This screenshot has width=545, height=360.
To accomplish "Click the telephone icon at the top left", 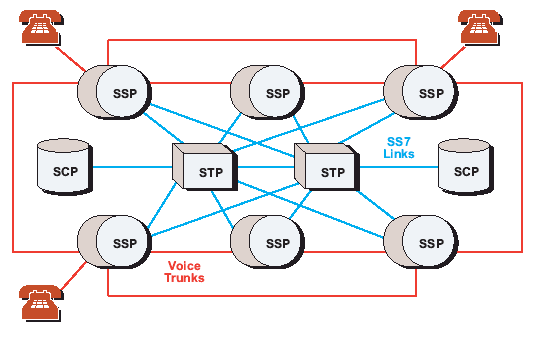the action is pyautogui.click(x=41, y=27).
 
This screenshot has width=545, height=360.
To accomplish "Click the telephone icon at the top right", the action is pyautogui.click(x=480, y=27).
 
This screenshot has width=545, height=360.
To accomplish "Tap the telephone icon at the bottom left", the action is pyautogui.click(x=41, y=303).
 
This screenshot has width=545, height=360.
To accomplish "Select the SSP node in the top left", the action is pyautogui.click(x=114, y=92).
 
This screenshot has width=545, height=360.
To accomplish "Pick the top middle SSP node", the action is pyautogui.click(x=267, y=92).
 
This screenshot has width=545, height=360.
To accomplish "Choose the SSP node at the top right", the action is pyautogui.click(x=421, y=92).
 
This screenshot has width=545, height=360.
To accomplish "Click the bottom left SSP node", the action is pyautogui.click(x=114, y=242).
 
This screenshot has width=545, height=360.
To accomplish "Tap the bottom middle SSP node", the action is pyautogui.click(x=267, y=242).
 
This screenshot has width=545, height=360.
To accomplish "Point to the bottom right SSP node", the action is pyautogui.click(x=421, y=242).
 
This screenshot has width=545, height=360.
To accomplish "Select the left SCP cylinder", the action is pyautogui.click(x=65, y=167).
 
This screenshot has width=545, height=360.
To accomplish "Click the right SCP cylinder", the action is pyautogui.click(x=466, y=167).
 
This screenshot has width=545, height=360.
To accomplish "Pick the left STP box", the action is pyautogui.click(x=205, y=167).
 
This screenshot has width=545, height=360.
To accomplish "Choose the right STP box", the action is pyautogui.click(x=327, y=167).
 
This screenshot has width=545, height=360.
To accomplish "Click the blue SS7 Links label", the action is pyautogui.click(x=399, y=148).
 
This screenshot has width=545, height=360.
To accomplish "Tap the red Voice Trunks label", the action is pyautogui.click(x=184, y=272).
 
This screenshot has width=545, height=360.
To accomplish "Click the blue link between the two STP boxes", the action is pyautogui.click(x=266, y=167).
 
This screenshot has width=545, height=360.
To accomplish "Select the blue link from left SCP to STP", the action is pyautogui.click(x=132, y=167).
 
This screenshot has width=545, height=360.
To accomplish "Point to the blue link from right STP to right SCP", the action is pyautogui.click(x=399, y=167).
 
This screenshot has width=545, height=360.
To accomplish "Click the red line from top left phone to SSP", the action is pyautogui.click(x=70, y=59).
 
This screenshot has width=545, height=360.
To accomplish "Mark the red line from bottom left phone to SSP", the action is pyautogui.click(x=73, y=276).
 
